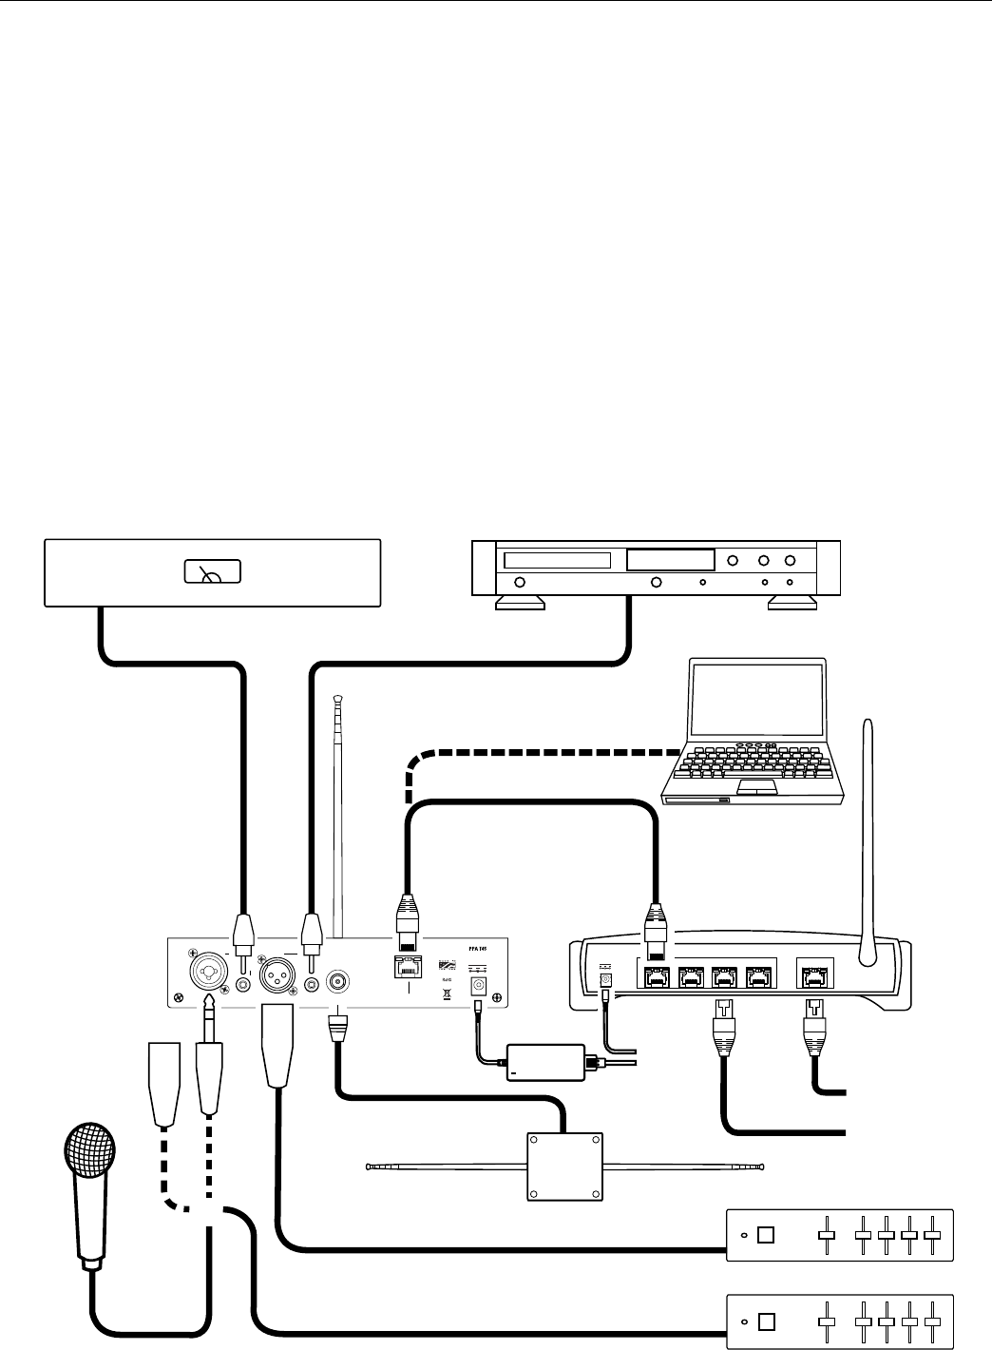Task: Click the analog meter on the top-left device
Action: tap(212, 571)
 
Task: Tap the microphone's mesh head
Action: tap(89, 1154)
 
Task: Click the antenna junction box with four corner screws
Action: tap(564, 1167)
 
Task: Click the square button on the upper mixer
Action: tap(767, 1236)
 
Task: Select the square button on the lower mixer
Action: tap(767, 1321)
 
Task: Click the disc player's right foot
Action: tap(792, 603)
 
